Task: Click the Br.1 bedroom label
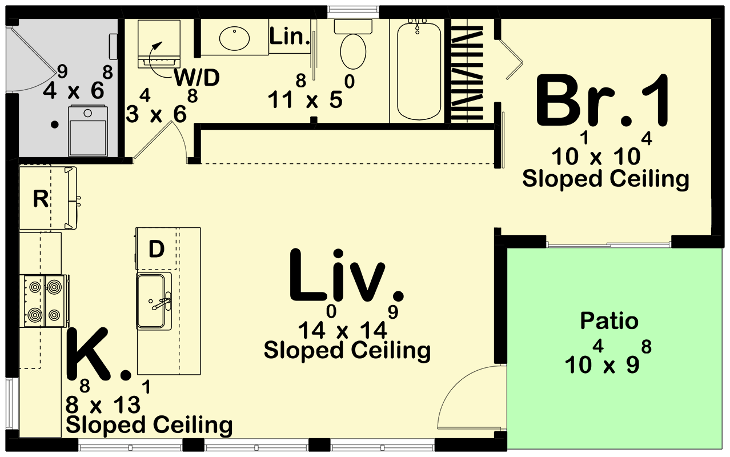coord(602,102)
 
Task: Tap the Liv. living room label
coord(347,276)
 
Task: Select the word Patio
coord(609,321)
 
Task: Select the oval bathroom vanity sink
coord(234,38)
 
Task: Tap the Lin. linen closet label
coord(289,38)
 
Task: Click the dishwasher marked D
coord(156,248)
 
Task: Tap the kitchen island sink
coord(154,300)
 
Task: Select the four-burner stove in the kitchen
coord(44,300)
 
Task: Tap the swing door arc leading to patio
coord(468,394)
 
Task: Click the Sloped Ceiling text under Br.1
coord(605,179)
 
